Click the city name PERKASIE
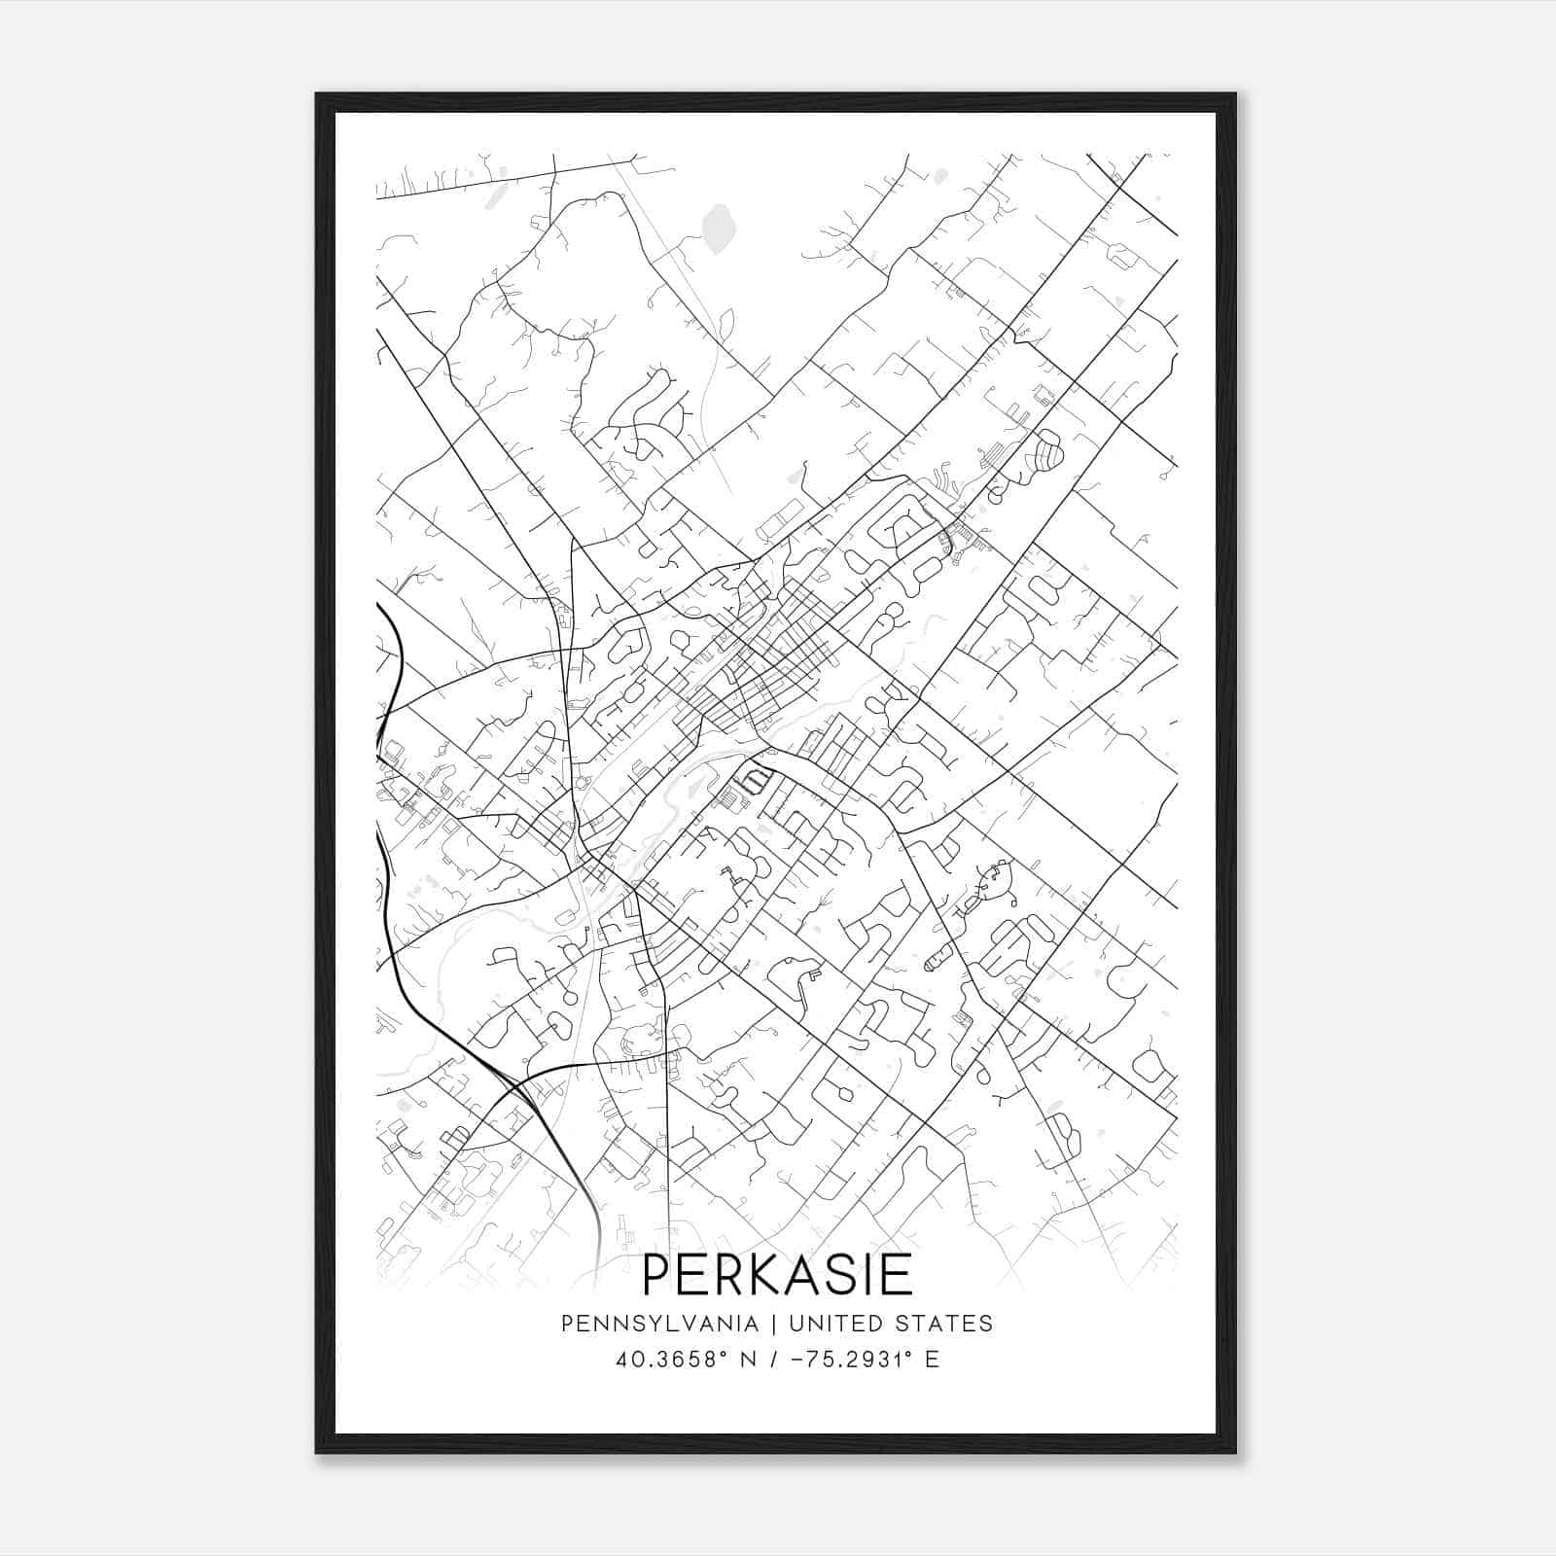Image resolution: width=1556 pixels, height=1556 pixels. (x=777, y=1275)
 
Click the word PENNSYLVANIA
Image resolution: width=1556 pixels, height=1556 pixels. (x=659, y=1324)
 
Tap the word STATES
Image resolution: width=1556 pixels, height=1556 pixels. (x=942, y=1324)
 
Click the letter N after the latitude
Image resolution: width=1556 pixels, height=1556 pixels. (x=749, y=1360)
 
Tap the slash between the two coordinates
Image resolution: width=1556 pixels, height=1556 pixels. (x=775, y=1360)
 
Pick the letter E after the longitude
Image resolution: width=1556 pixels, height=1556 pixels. (x=933, y=1360)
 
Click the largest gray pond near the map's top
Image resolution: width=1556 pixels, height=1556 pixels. (x=719, y=228)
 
